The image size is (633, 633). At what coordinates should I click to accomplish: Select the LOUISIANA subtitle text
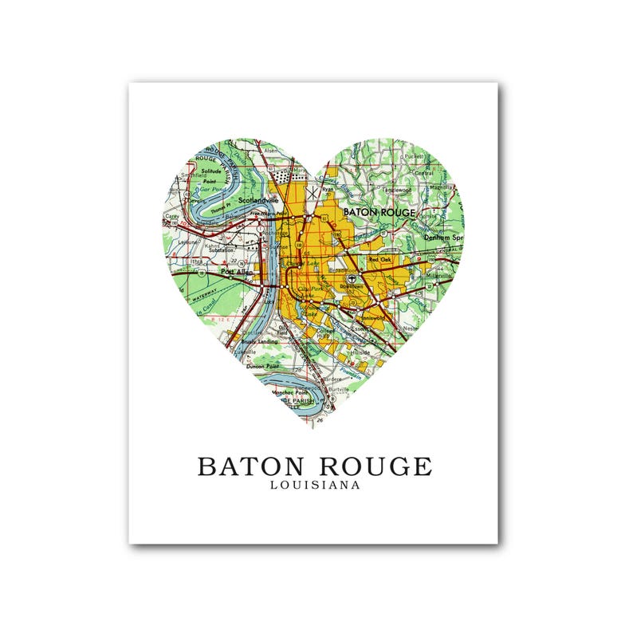[314, 485]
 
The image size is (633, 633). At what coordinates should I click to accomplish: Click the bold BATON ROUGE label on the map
[379, 213]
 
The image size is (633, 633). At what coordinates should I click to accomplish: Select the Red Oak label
[379, 260]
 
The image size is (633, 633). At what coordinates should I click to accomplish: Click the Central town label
[423, 173]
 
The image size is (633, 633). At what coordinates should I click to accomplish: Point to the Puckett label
[413, 157]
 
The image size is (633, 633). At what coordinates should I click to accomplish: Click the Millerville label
[438, 276]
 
